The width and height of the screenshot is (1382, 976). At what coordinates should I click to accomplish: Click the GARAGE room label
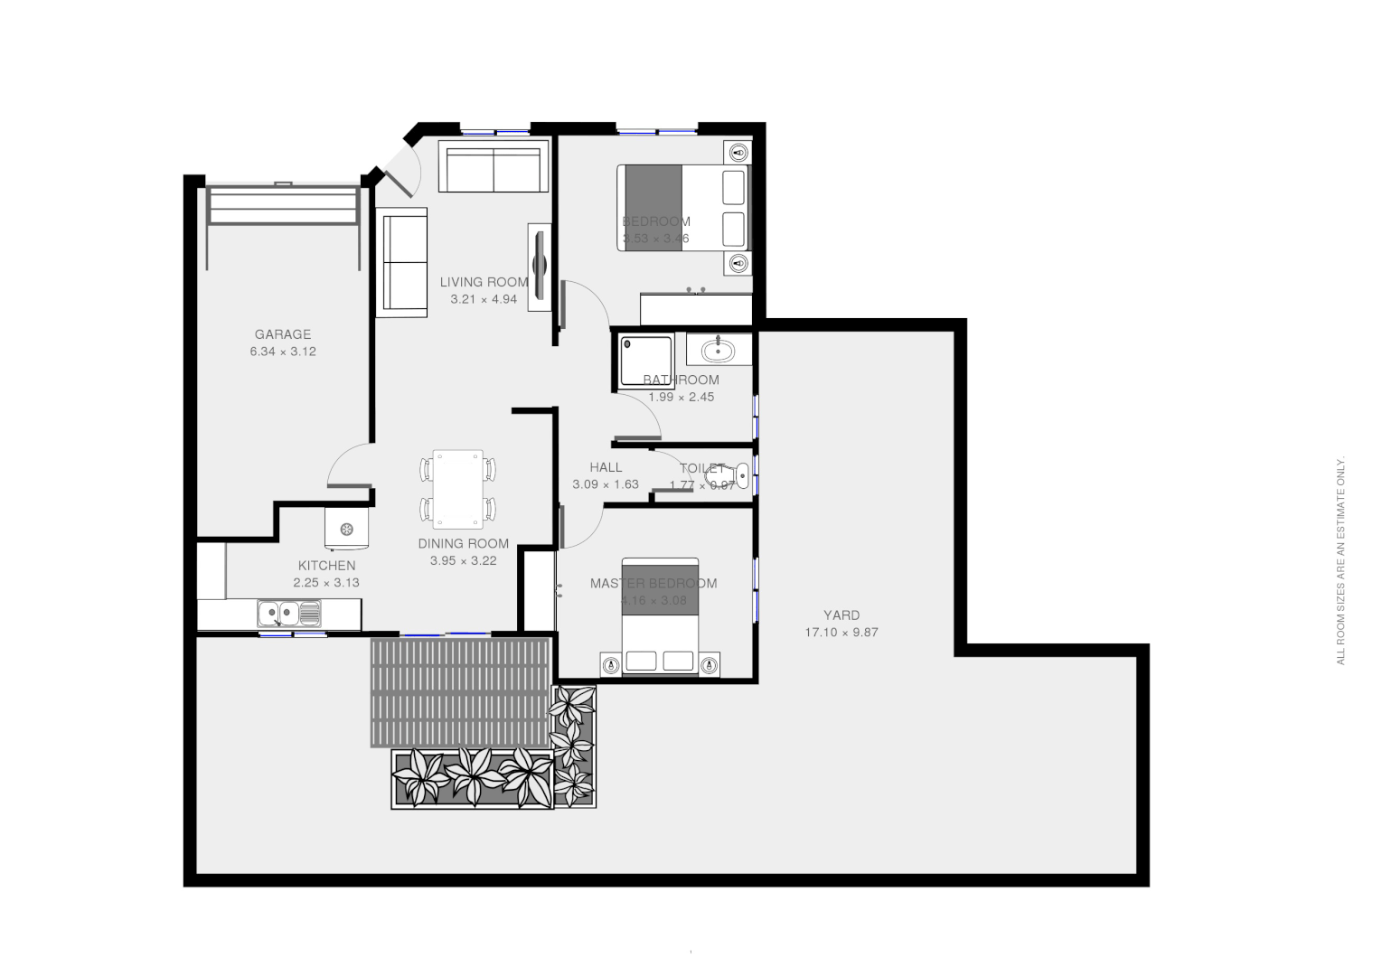[282, 334]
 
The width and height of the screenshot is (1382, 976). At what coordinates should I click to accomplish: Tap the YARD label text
[841, 615]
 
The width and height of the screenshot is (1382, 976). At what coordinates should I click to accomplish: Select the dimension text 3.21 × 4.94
[484, 299]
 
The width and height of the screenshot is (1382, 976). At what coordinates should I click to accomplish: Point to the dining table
[457, 489]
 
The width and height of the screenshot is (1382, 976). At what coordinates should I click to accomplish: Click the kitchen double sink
[288, 615]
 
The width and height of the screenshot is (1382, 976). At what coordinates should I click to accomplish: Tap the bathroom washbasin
[719, 349]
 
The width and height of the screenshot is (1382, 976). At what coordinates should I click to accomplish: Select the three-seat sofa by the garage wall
[402, 263]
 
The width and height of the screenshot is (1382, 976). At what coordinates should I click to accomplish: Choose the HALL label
[606, 467]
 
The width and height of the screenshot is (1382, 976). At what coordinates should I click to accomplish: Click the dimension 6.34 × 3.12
[282, 352]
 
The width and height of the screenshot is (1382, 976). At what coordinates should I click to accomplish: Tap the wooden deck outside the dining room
[460, 692]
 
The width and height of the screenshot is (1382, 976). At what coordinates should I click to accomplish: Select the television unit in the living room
[540, 267]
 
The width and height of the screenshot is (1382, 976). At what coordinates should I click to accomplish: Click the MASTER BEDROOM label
[653, 583]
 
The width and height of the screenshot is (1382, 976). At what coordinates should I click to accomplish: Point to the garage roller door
[282, 207]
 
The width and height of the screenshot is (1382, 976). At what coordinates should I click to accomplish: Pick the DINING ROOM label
[463, 543]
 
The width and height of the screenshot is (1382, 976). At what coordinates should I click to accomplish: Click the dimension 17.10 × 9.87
[841, 633]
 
